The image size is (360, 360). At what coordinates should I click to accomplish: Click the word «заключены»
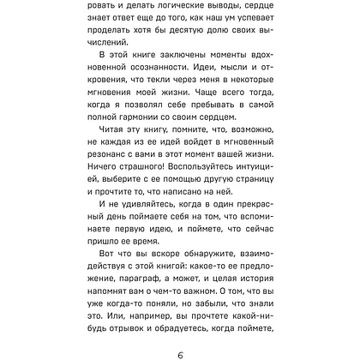click(x=195, y=64)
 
